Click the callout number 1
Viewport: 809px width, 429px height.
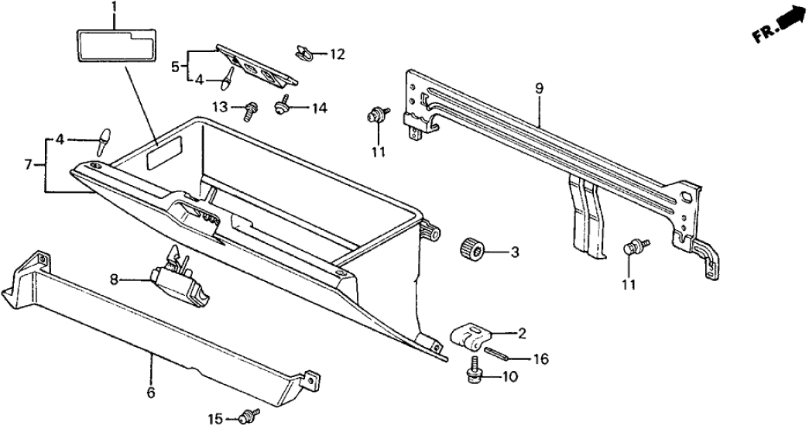(114, 9)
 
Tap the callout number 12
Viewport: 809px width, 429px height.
(337, 54)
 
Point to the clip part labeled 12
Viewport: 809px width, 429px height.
(303, 53)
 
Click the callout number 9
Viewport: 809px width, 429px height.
(540, 88)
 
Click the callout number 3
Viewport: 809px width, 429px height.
(514, 252)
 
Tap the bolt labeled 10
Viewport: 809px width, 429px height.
(472, 375)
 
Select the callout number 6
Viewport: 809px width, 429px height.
(150, 393)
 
